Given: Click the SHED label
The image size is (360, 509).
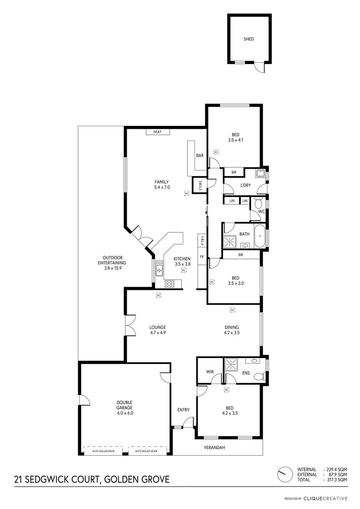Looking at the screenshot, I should pyautogui.click(x=248, y=39).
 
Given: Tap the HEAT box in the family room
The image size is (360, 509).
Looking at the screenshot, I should pyautogui.click(x=157, y=132).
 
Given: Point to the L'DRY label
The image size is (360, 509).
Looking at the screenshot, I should pyautogui.click(x=245, y=186).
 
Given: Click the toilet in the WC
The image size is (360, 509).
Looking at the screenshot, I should pyautogui.click(x=257, y=204).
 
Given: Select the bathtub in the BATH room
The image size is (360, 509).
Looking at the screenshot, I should pyautogui.click(x=259, y=236).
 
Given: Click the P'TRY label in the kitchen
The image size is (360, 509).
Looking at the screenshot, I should pyautogui.click(x=202, y=240).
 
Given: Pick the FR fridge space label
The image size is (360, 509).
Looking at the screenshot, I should pyautogui.click(x=202, y=257).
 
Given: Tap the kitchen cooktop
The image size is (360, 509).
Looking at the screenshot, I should pyautogui.click(x=169, y=283).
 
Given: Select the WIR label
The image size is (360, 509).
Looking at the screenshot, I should pyautogui.click(x=210, y=372).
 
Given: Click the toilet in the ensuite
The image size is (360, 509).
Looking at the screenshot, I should pyautogui.click(x=258, y=376).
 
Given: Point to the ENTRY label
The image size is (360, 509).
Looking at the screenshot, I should pyautogui.click(x=183, y=410).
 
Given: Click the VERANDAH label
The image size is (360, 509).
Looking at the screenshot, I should pyautogui.click(x=213, y=447).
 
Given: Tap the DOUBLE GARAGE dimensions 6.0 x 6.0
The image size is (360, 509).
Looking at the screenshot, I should pyautogui.click(x=125, y=413).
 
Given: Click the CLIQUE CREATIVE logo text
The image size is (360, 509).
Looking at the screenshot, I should pyautogui.click(x=326, y=498).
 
